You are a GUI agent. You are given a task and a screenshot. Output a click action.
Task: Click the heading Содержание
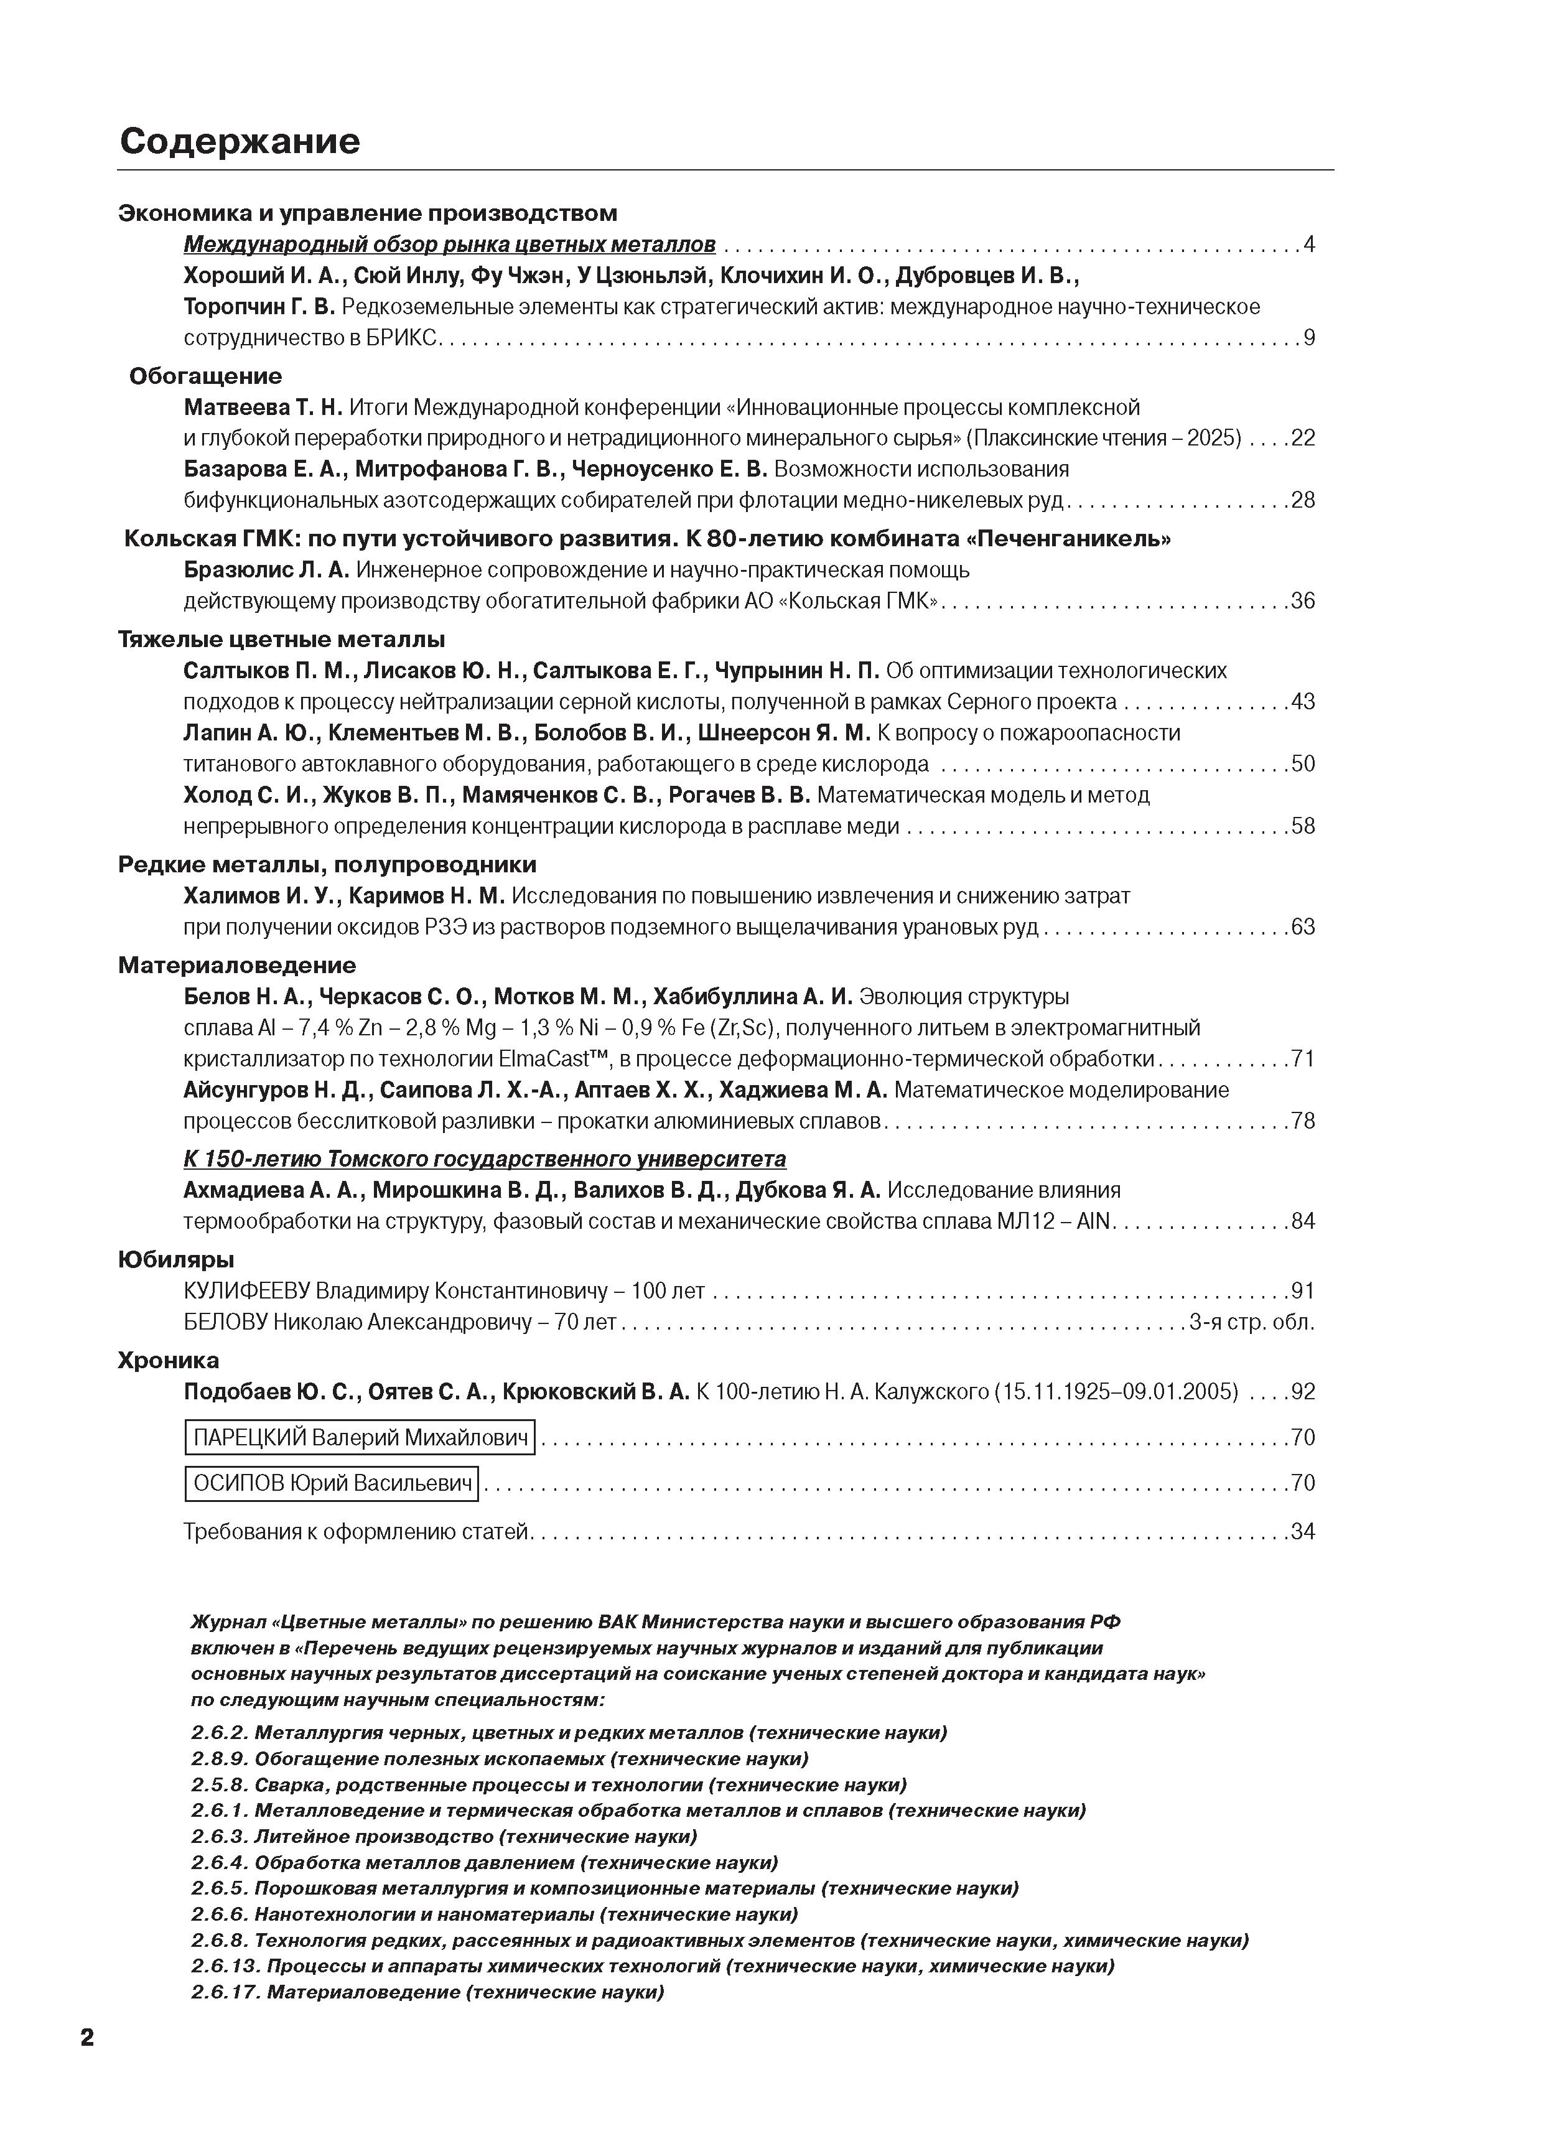point(240,141)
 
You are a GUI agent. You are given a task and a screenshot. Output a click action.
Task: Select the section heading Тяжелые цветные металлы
point(281,640)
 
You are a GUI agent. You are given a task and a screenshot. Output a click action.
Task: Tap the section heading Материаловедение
point(237,965)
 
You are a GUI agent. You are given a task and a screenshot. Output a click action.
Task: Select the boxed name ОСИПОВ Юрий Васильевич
point(332,1483)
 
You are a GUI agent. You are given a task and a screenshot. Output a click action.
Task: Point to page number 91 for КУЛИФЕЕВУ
point(1302,1291)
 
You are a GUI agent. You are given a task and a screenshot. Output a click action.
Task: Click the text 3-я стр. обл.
point(1252,1322)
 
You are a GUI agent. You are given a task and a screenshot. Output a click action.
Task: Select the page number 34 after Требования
point(1302,1532)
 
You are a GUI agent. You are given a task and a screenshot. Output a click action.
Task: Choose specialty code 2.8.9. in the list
point(219,1758)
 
